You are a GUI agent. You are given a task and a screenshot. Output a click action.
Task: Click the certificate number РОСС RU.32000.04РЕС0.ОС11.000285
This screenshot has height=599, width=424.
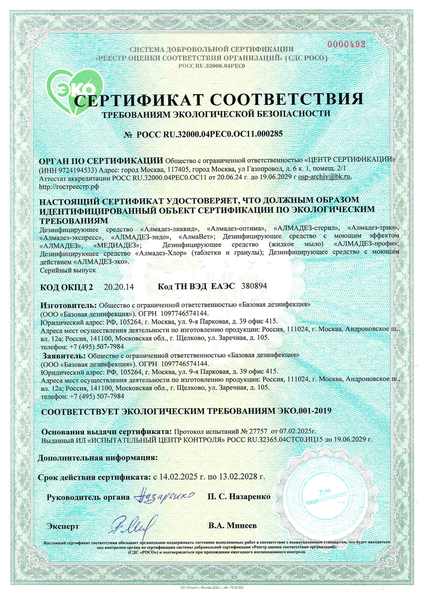209,134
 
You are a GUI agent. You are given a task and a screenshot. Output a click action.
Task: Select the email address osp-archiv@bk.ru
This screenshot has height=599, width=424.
324,177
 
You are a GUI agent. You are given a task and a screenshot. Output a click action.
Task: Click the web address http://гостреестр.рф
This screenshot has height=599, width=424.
69,186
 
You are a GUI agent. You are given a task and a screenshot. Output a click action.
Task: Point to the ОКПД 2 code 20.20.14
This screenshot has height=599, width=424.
119,287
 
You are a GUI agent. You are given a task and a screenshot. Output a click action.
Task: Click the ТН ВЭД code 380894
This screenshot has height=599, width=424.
254,286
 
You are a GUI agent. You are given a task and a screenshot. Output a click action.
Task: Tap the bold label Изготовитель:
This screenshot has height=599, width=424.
69,305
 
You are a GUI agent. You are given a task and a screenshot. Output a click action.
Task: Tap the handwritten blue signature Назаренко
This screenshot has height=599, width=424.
164,496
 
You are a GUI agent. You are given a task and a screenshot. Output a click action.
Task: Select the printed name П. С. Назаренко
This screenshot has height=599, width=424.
239,496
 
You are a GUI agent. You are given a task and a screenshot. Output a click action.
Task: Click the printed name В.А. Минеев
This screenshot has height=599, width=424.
232,526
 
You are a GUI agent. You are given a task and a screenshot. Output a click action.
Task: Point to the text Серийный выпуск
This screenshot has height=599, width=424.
68,270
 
